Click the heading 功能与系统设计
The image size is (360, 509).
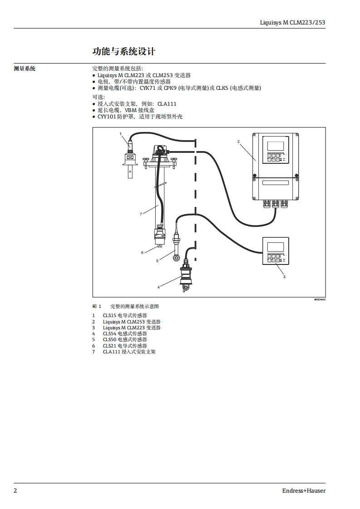point(123,51)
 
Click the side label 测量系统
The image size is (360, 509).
point(25,69)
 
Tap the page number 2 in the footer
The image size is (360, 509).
point(15,490)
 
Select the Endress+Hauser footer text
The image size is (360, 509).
point(304,490)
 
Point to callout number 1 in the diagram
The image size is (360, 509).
point(121,134)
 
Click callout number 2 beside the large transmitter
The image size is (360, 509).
point(238,142)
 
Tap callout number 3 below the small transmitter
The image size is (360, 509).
point(284,276)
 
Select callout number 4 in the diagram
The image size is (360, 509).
point(158,287)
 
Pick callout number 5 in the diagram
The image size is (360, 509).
point(157,261)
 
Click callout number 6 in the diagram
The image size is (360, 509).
point(142,253)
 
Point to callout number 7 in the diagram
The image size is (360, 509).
point(141,213)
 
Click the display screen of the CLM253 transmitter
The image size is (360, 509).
point(275,146)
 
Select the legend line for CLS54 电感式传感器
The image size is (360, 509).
point(125,333)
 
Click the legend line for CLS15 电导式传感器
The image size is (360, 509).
point(125,315)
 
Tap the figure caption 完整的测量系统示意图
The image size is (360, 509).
point(134,306)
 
